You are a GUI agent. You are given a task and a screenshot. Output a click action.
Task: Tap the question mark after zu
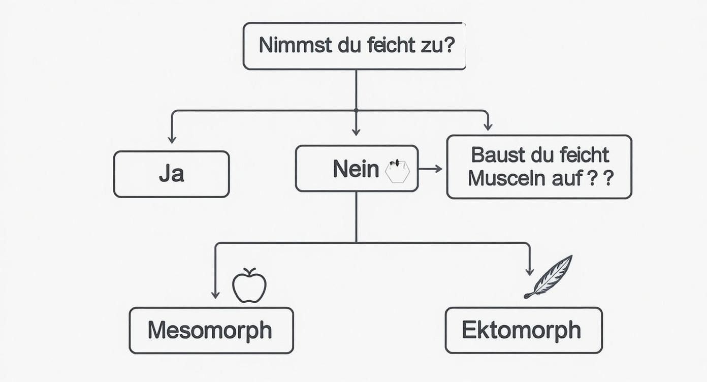click(447, 45)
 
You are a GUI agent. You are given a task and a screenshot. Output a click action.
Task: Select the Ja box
click(172, 174)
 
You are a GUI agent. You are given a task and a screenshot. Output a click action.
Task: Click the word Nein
click(356, 169)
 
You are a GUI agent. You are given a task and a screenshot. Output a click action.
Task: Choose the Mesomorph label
click(210, 330)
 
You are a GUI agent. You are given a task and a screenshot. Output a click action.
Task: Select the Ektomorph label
click(522, 330)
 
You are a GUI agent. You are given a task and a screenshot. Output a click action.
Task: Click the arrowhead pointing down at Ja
click(172, 139)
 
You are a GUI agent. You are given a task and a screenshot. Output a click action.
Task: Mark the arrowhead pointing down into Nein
click(356, 132)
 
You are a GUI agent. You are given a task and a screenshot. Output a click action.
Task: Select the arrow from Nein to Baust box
click(430, 169)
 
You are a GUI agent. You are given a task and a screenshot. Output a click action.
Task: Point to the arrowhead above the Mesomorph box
click(215, 294)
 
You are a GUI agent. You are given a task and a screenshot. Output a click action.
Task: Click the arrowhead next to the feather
click(529, 272)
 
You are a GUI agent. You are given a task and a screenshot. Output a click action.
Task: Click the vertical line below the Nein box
click(356, 216)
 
